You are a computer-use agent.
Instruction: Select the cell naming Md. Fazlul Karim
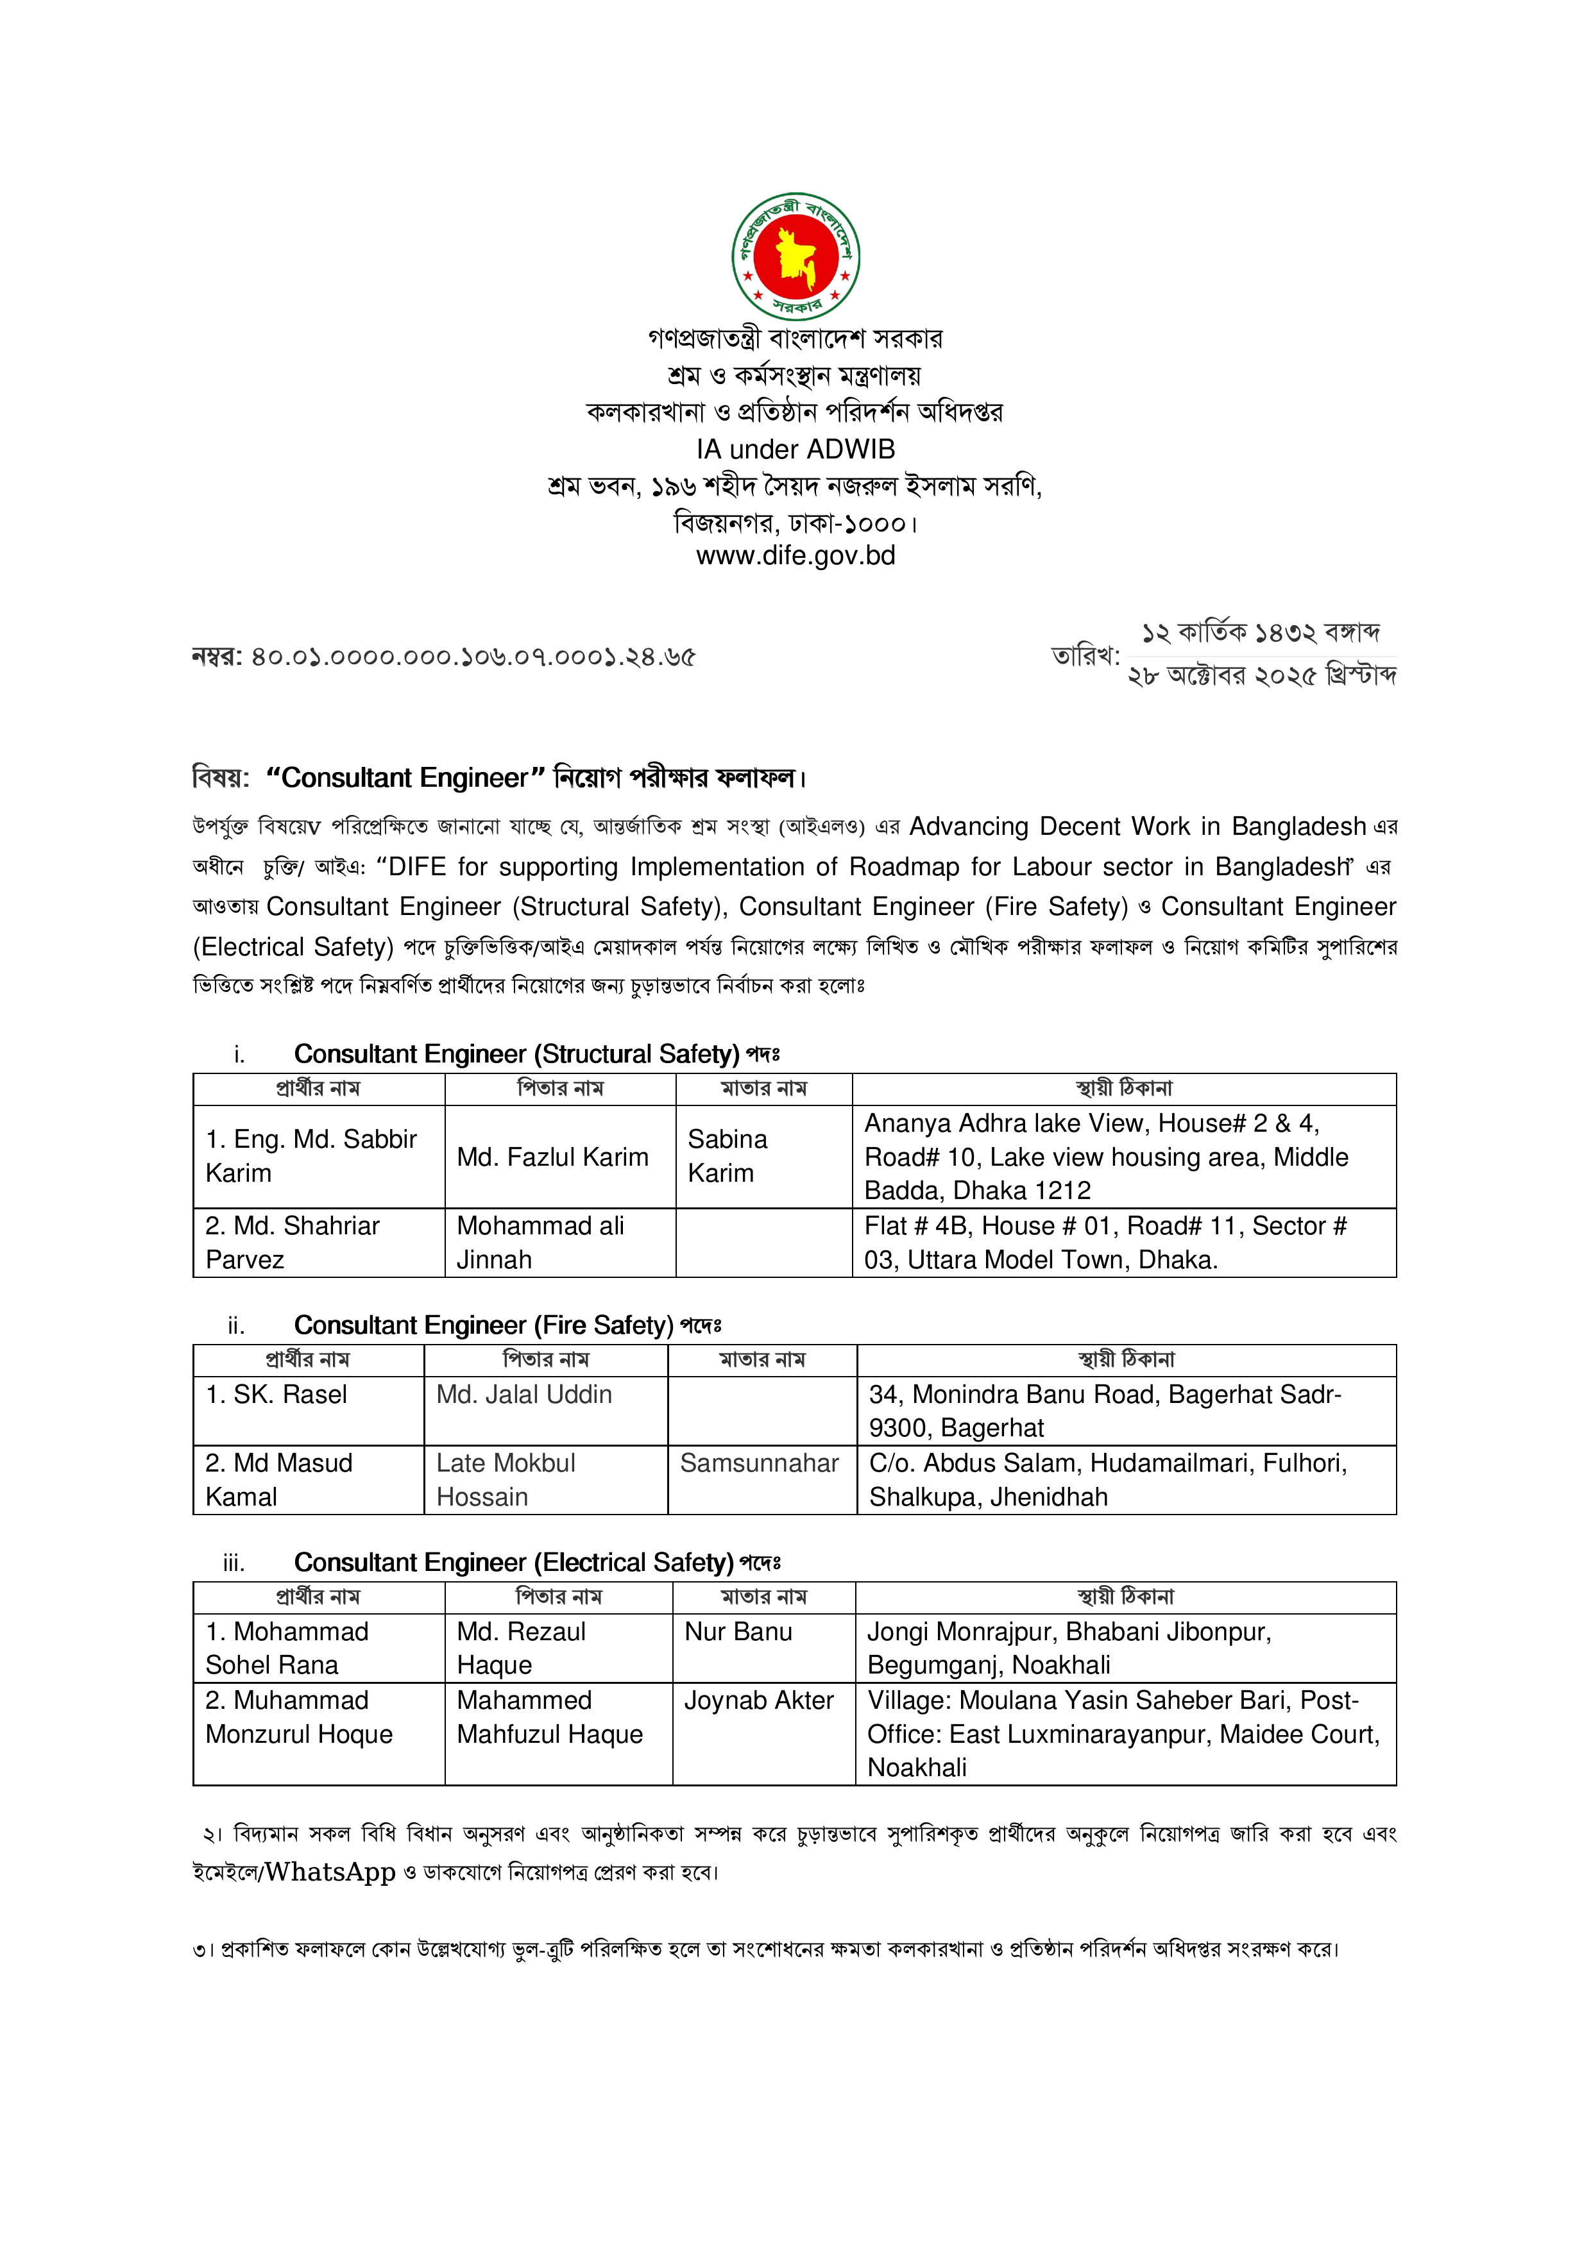(553, 1157)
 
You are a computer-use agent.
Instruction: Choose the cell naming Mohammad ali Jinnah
(540, 1243)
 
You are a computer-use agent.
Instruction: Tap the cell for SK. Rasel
(277, 1395)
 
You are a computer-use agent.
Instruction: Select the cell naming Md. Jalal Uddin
(524, 1395)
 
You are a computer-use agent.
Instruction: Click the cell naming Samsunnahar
(760, 1463)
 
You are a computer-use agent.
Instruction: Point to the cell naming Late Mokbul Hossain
(506, 1480)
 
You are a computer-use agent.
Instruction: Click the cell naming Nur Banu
(738, 1632)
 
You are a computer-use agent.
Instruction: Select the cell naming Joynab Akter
(759, 1700)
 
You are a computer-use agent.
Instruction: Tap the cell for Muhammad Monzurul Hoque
(299, 1717)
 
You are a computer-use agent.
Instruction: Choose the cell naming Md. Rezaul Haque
(520, 1649)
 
